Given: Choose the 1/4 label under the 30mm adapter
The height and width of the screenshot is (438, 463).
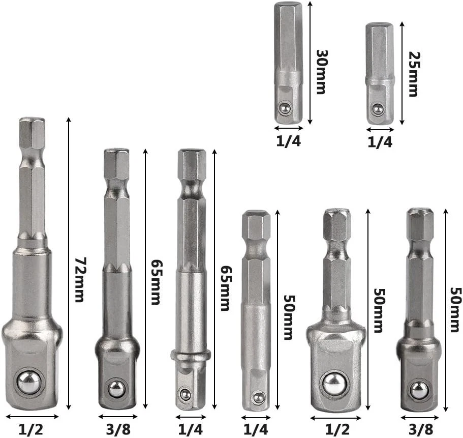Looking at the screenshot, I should coord(289,141).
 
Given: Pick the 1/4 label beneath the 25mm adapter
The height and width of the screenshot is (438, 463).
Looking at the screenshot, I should coord(380,143).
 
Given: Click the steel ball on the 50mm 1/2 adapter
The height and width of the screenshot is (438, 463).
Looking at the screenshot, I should coord(333,383).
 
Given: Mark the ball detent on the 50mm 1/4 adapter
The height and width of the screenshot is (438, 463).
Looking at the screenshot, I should coord(259,397).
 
